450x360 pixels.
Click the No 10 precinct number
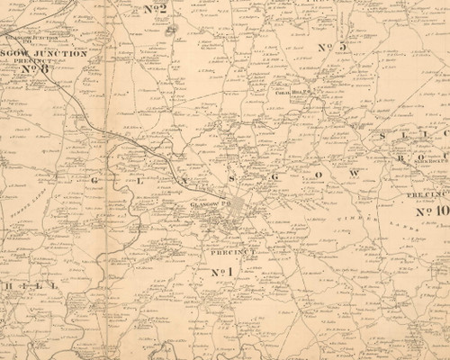431,211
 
